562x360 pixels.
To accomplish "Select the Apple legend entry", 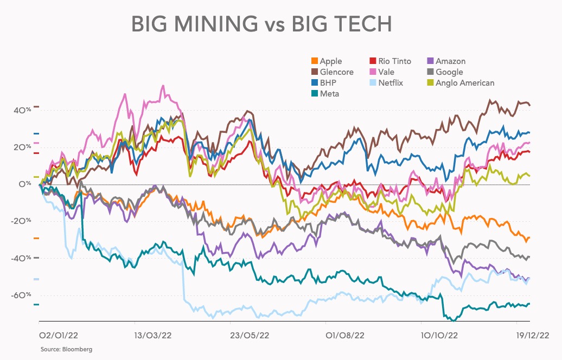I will click(x=330, y=61).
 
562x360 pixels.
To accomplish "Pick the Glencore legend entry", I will click(x=336, y=72).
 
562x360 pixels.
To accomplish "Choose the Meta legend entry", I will click(x=329, y=94).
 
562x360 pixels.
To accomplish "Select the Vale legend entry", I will click(x=387, y=72).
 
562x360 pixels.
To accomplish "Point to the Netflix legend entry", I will click(x=391, y=83).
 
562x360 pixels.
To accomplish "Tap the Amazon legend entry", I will click(x=450, y=61).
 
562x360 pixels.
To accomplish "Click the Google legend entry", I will click(x=449, y=72).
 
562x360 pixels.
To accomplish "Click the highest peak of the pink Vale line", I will click(x=162, y=86).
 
